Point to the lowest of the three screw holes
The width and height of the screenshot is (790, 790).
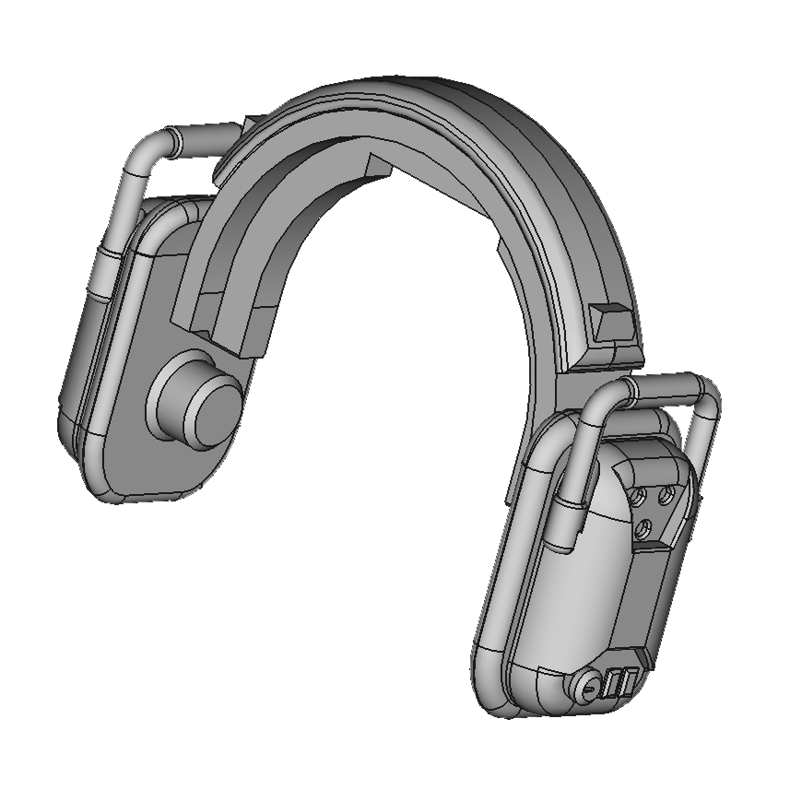click(x=646, y=528)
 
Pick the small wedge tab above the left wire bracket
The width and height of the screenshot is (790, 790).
click(x=253, y=122)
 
